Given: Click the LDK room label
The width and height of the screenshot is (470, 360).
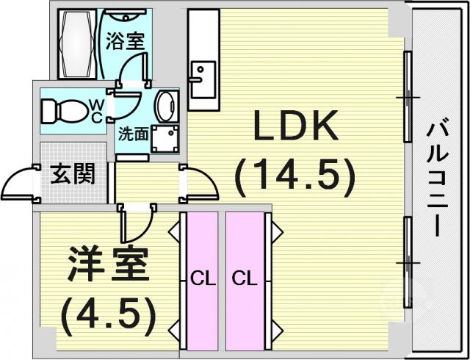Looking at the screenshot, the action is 296,126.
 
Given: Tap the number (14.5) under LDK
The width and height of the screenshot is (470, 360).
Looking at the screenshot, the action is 295,178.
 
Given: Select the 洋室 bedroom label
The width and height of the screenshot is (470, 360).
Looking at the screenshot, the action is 109,264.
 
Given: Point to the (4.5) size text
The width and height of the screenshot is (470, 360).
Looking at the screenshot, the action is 108,317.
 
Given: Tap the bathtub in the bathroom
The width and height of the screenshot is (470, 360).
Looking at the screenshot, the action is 77,44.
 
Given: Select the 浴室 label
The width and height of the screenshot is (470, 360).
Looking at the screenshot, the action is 125,41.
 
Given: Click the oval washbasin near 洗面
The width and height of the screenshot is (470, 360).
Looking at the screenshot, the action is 167,107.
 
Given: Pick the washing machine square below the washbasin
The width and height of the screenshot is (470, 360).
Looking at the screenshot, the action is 165,139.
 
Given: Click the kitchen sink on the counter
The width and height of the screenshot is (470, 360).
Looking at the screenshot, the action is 203,79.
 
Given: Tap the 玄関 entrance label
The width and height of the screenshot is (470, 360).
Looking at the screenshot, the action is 73,174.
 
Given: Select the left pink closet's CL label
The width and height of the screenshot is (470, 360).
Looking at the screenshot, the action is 203,279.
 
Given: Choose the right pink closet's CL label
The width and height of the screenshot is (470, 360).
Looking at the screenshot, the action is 245,279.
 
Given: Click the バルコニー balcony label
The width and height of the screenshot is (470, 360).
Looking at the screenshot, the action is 438,179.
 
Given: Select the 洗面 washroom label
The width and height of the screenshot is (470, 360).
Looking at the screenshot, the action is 134,134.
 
